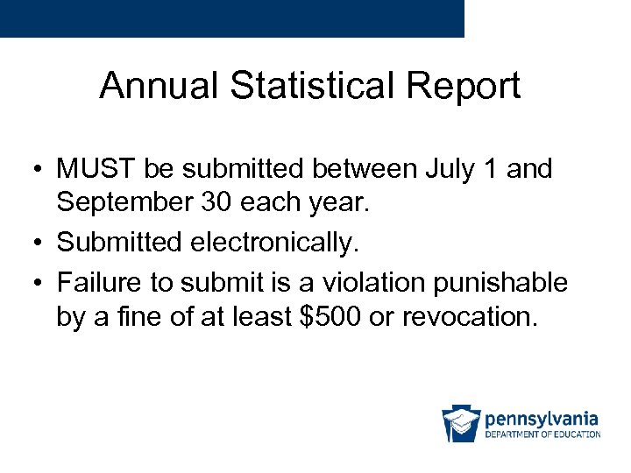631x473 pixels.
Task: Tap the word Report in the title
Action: click(x=467, y=87)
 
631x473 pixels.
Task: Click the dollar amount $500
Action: click(x=330, y=315)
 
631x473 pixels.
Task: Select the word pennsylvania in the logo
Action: click(x=542, y=418)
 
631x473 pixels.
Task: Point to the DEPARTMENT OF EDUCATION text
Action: click(x=542, y=434)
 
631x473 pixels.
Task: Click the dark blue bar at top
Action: click(x=231, y=18)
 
